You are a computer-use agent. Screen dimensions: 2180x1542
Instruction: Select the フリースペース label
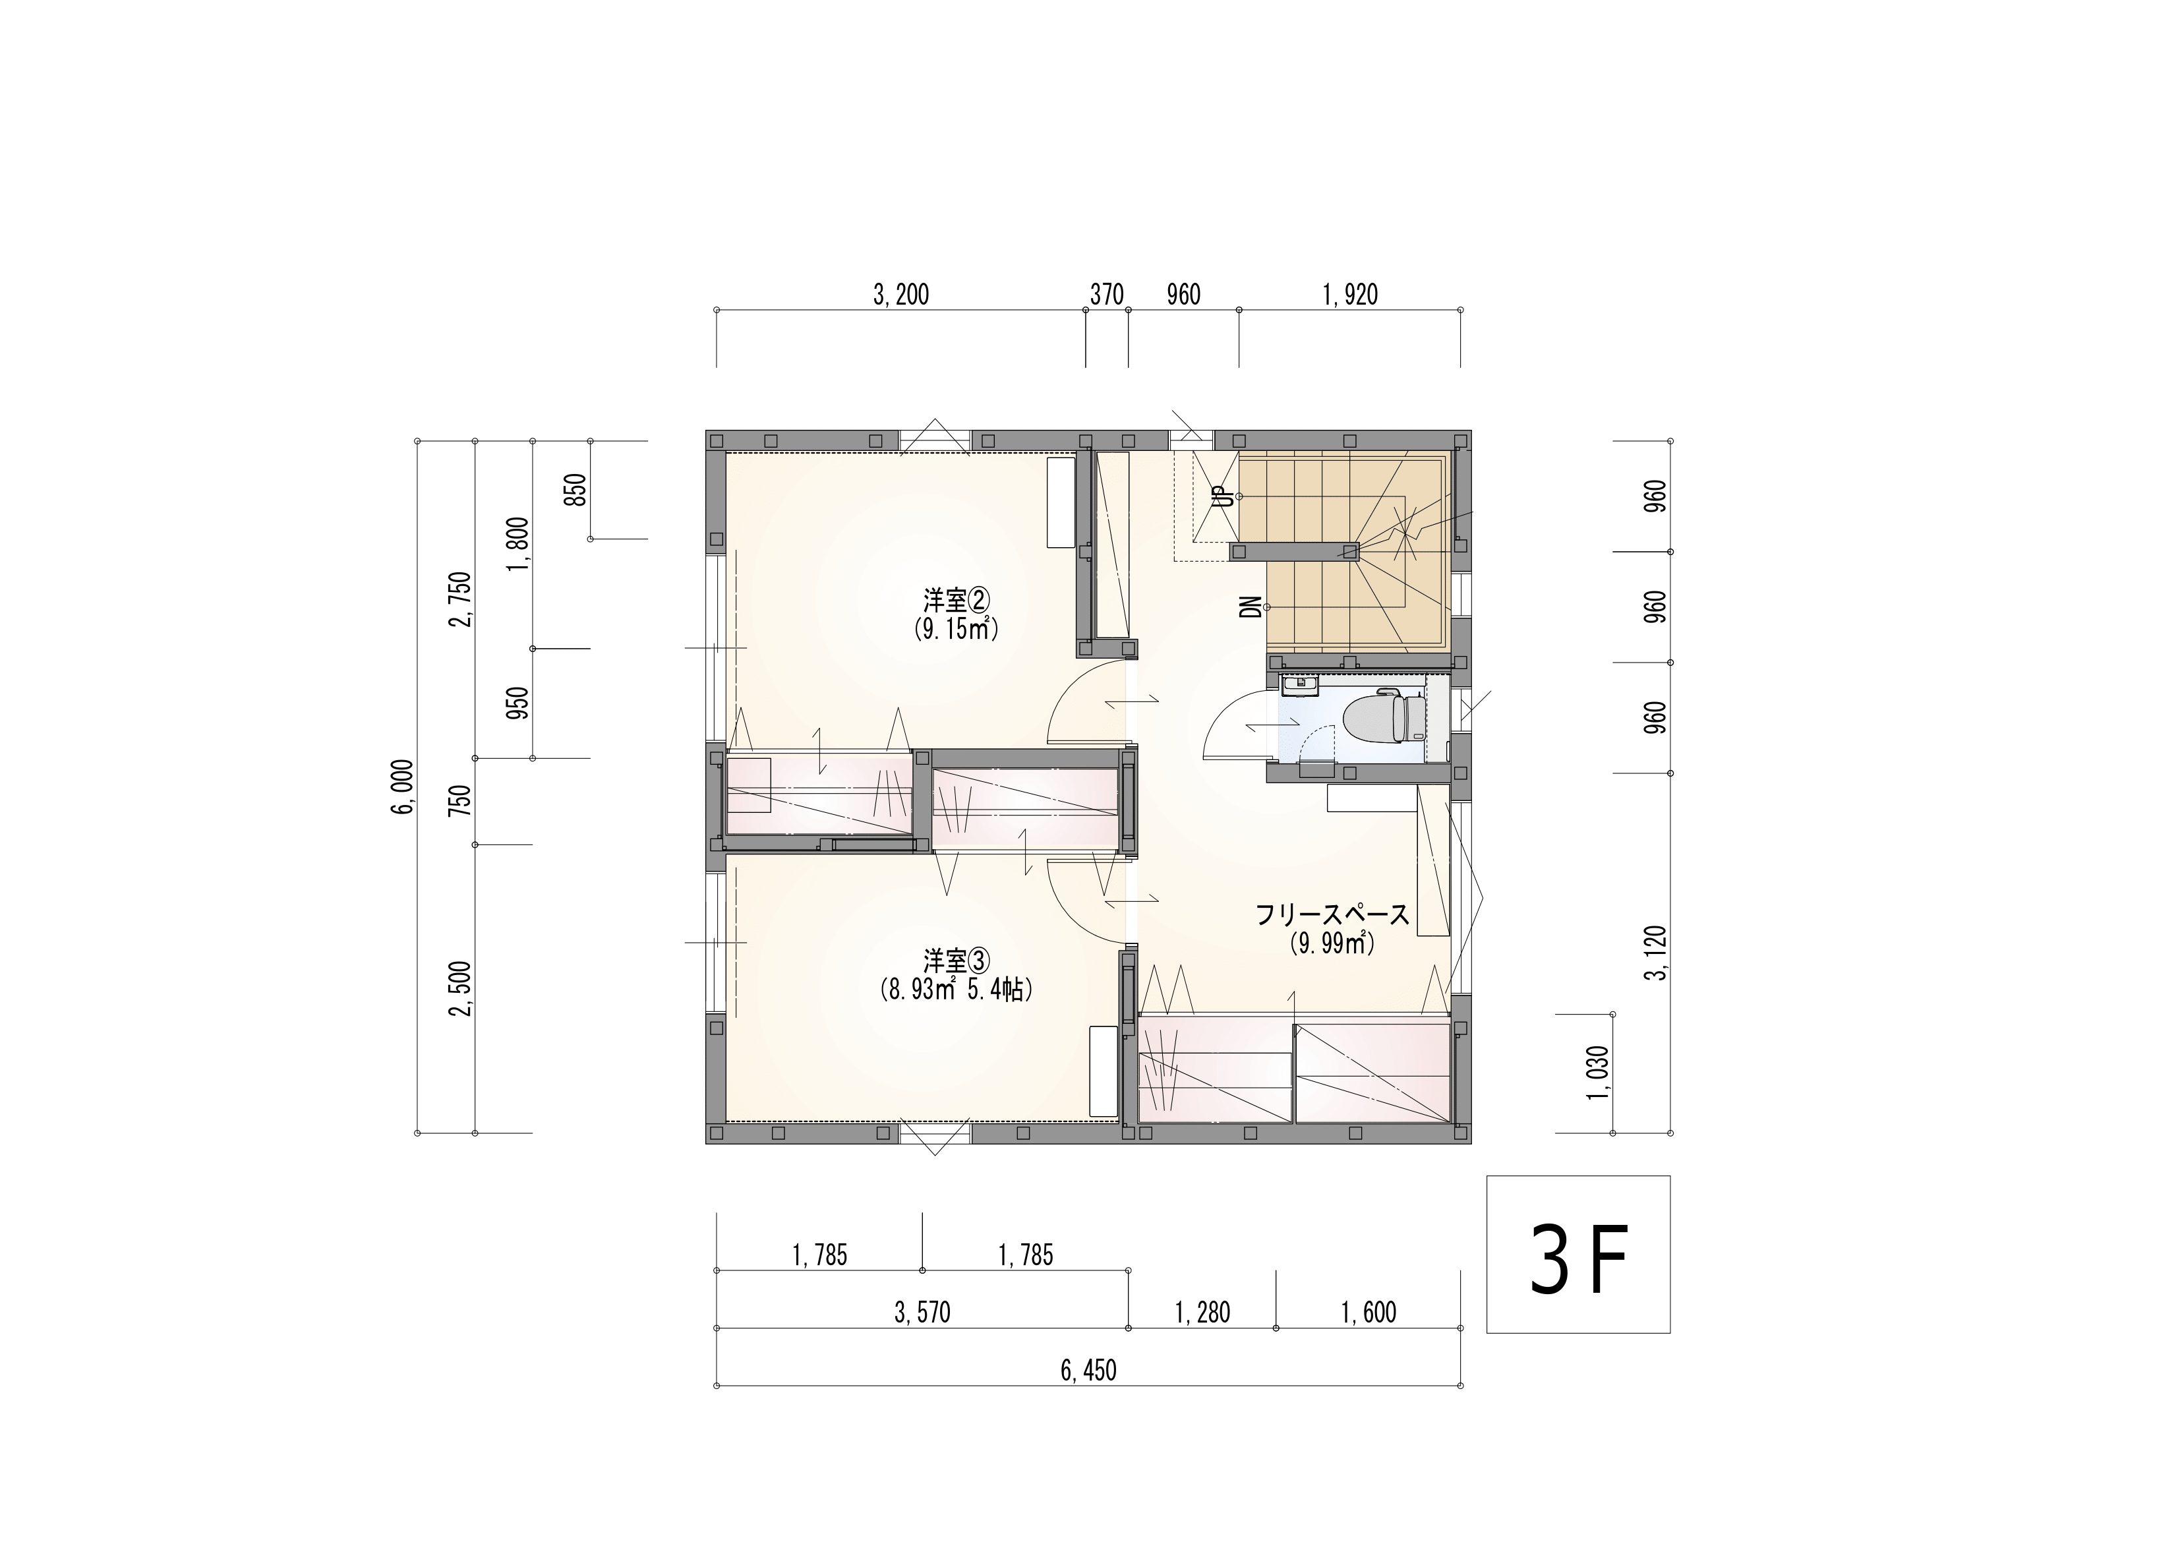pos(1332,915)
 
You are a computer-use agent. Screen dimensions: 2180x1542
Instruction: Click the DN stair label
pos(1253,608)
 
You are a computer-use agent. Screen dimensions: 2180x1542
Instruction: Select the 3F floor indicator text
pos(1578,1259)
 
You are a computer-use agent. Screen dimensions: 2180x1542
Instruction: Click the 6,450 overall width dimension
pos(1088,1371)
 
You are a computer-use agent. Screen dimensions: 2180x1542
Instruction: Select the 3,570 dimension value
pos(922,1313)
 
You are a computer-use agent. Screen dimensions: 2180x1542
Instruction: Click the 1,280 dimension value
pos(1202,1313)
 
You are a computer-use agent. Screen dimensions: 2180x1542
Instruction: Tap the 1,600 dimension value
pos(1369,1313)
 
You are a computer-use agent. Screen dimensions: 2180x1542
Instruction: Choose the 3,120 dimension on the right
pos(1656,953)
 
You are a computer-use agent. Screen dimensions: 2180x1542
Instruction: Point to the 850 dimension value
pos(576,490)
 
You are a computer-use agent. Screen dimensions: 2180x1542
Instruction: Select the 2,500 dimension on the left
pos(461,988)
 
